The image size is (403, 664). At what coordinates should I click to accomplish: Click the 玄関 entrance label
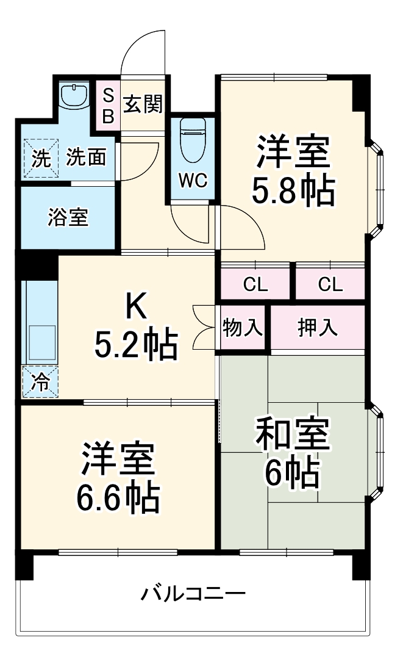point(144,104)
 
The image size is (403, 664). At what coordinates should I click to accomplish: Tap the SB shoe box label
point(108,105)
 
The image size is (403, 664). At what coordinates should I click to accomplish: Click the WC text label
point(193,180)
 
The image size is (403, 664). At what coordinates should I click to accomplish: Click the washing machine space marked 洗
point(40,158)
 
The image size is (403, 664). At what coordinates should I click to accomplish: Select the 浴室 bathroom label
point(68,218)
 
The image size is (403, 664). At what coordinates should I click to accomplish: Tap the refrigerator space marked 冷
point(40,382)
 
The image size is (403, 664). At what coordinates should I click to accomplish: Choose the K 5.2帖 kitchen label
point(135,328)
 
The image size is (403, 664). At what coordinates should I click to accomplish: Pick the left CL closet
point(255,284)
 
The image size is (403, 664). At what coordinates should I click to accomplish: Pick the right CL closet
point(330,284)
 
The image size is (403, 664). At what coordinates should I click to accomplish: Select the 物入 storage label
point(243,328)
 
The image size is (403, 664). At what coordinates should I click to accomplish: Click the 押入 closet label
point(317,328)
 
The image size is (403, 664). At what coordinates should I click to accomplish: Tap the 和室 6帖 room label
point(293,452)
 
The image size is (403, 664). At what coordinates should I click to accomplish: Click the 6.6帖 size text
point(118,499)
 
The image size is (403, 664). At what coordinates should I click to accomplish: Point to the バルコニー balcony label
point(194,593)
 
